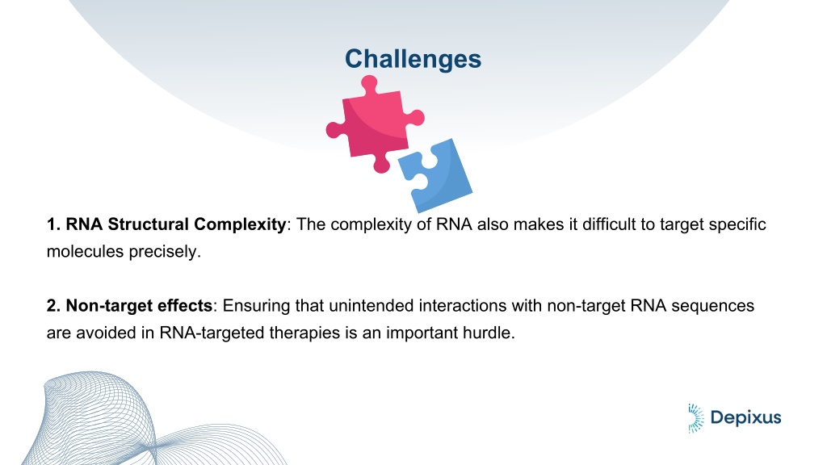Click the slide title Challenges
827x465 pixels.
(413, 59)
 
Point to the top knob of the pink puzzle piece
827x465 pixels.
(368, 84)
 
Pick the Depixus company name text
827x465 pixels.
(745, 417)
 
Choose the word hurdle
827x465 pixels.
(489, 333)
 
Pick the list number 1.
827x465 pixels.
(53, 224)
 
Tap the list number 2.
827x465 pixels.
(53, 306)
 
